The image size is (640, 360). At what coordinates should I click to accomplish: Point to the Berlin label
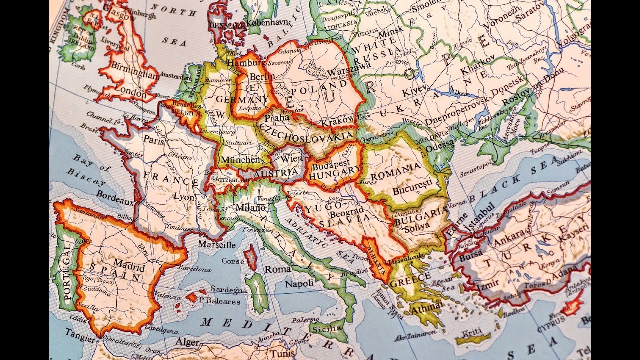[x=262, y=76]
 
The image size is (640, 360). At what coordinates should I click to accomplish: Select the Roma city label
[x=278, y=269]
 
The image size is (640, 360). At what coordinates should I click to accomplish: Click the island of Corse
[x=251, y=260]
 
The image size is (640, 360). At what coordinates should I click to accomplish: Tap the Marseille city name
[x=217, y=245]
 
